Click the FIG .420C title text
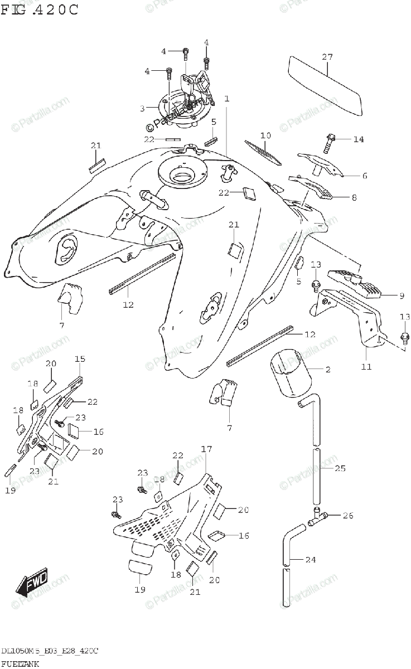tap(40, 9)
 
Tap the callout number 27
tap(327, 57)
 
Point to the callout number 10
tap(265, 135)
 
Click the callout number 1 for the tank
tap(227, 99)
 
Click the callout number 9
tap(385, 296)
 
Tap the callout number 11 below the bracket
tap(366, 367)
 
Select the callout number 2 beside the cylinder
tap(328, 369)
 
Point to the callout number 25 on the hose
tap(340, 468)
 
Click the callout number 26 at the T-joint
tap(348, 516)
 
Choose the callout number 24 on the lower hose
tap(311, 559)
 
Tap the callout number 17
tap(207, 448)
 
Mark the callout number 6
tap(364, 176)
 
